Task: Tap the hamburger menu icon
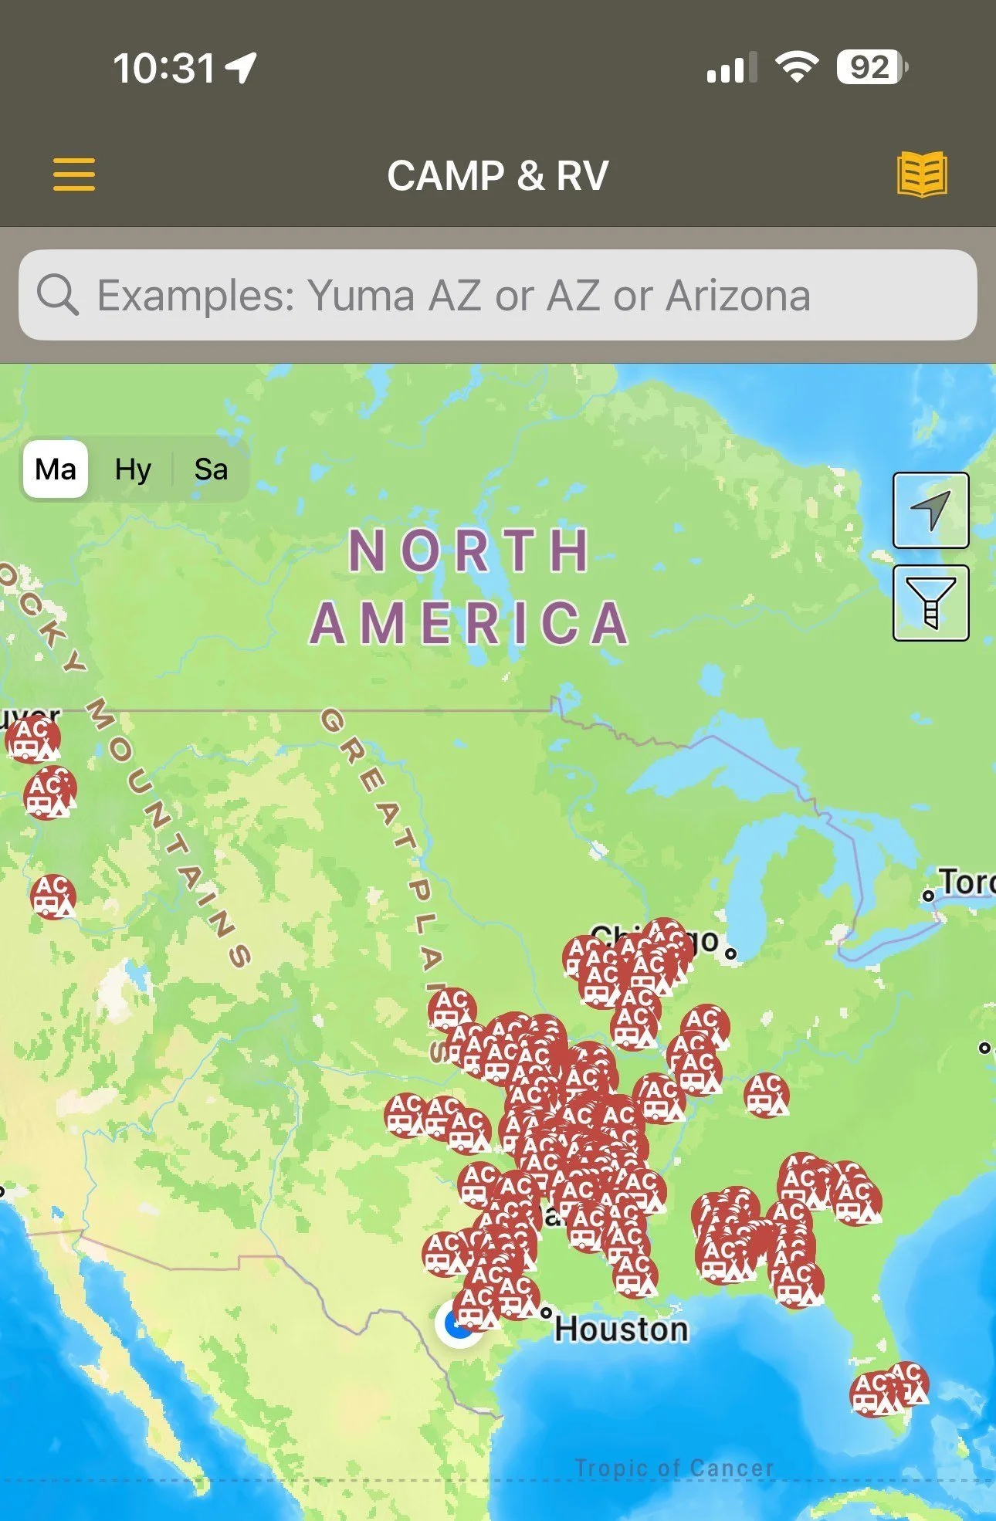[74, 174]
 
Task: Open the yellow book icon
[922, 174]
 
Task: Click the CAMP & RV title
[498, 176]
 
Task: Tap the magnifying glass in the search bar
[58, 295]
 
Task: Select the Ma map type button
[56, 469]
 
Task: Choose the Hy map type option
[133, 469]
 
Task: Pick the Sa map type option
[211, 469]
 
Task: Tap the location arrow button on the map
[930, 510]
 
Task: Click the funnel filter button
[930, 603]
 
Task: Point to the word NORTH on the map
[469, 550]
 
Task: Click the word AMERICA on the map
[469, 623]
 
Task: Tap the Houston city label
[621, 1330]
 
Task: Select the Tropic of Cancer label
[674, 1468]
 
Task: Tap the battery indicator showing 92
[872, 68]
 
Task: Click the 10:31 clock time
[164, 68]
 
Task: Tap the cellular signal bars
[730, 68]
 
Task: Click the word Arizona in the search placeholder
[738, 296]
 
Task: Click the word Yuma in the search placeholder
[361, 296]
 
